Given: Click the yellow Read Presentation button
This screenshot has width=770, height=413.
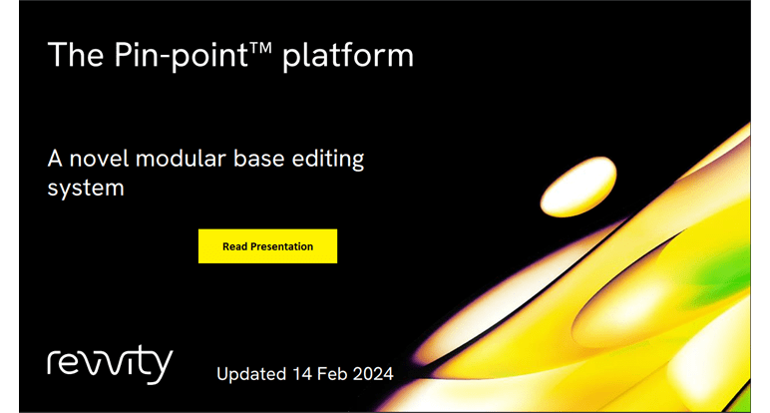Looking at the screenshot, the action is pyautogui.click(x=267, y=246).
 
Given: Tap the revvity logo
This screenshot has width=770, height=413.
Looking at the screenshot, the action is pyautogui.click(x=110, y=364).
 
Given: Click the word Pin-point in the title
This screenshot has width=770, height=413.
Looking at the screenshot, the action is pyautogui.click(x=182, y=56).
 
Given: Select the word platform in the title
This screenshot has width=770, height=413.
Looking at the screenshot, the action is pyautogui.click(x=348, y=56).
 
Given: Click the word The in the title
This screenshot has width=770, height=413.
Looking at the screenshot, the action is pyautogui.click(x=76, y=54).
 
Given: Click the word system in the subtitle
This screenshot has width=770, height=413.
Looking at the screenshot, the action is pyautogui.click(x=86, y=189).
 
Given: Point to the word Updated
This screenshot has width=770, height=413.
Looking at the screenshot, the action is pyautogui.click(x=251, y=374).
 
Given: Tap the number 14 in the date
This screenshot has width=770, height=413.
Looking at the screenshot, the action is pyautogui.click(x=302, y=374).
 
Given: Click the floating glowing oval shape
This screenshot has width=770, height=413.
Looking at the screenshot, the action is pyautogui.click(x=578, y=187).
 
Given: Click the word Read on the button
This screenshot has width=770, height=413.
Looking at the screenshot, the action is pyautogui.click(x=233, y=246).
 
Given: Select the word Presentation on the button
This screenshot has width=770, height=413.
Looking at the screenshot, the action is pyautogui.click(x=280, y=246).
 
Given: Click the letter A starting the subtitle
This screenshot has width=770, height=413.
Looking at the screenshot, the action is pyautogui.click(x=55, y=159).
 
